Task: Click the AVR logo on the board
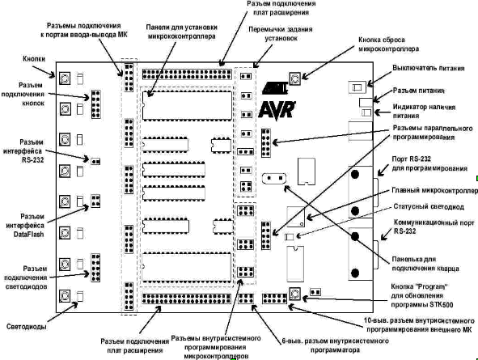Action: click(x=277, y=111)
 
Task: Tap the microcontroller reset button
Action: click(x=294, y=78)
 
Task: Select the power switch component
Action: click(x=357, y=87)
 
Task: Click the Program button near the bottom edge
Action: click(x=294, y=294)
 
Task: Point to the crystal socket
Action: click(x=274, y=178)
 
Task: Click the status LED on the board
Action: click(x=289, y=237)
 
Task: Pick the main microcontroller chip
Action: click(x=295, y=217)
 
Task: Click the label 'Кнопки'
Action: click(x=34, y=59)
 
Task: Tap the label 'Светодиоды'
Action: click(x=27, y=327)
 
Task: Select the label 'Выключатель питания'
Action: click(x=429, y=68)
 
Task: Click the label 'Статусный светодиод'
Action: click(x=429, y=206)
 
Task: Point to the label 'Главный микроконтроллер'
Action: click(x=434, y=190)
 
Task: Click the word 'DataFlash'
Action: click(x=28, y=235)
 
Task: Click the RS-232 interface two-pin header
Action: click(x=95, y=161)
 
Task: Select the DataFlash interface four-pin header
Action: click(x=95, y=201)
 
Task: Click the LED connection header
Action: click(x=95, y=268)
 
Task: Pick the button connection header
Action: click(x=95, y=104)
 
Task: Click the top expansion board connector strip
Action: click(x=187, y=74)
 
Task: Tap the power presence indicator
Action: click(x=366, y=112)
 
